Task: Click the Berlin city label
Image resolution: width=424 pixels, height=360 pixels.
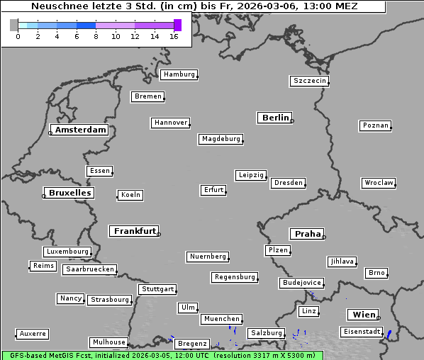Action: pos(275,118)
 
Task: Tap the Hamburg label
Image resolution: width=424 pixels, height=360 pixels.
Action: pos(178,74)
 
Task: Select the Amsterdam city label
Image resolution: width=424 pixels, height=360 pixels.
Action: pos(80,130)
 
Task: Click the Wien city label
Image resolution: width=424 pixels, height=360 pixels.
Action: pos(362,315)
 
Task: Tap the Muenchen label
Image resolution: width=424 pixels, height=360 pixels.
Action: pos(221,320)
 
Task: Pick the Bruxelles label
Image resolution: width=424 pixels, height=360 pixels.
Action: pos(69,193)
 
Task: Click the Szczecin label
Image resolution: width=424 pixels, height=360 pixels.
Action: pos(310,81)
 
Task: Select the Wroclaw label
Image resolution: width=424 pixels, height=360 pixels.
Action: pos(378,183)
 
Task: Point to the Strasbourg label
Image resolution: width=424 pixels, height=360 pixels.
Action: pos(110,300)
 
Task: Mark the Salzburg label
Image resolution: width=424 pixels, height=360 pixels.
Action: pos(266,333)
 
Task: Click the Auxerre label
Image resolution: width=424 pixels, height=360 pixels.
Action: pos(33,333)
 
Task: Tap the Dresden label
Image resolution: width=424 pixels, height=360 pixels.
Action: pos(289,183)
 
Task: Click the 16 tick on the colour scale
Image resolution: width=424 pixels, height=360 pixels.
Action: pos(174,35)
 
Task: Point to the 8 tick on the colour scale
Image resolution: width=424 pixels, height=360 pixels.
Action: pos(96,35)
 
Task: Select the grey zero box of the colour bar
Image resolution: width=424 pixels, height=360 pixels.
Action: pos(14,25)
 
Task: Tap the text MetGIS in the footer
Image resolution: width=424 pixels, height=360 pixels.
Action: pos(62,355)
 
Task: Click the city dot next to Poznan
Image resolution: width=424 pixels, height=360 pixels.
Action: pos(391,128)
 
